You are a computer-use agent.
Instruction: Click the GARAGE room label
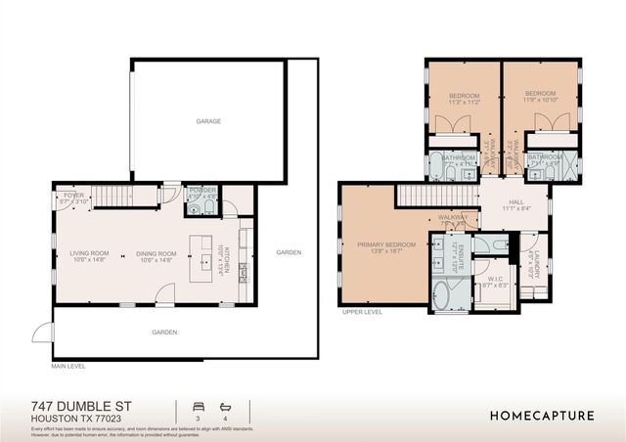(207, 121)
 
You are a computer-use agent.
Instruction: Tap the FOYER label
(74, 196)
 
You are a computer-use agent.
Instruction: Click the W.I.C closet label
(498, 280)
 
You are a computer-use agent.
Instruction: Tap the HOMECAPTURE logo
(542, 416)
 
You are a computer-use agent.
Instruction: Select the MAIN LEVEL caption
(68, 366)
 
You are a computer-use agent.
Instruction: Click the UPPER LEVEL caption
(361, 313)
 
